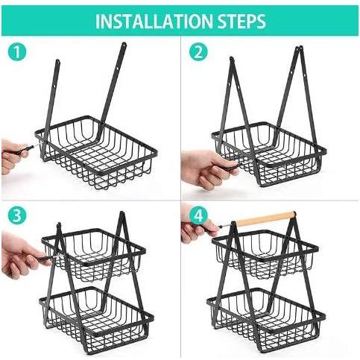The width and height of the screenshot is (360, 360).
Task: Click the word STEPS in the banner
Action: tap(241, 21)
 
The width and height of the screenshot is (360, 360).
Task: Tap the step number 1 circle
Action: tap(17, 53)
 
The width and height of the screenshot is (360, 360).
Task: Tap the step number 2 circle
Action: tap(198, 53)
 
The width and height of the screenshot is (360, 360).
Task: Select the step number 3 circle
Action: tap(17, 215)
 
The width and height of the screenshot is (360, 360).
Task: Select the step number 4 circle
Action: tap(198, 215)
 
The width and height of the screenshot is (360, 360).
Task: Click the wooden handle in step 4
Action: tap(265, 218)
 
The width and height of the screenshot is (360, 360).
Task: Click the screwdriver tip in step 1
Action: tap(40, 145)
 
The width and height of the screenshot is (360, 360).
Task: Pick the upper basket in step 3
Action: tap(94, 255)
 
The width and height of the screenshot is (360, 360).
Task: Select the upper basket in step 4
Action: tap(265, 253)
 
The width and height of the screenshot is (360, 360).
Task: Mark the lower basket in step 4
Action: tap(266, 320)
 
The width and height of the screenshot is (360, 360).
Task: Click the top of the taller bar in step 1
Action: tap(124, 45)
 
